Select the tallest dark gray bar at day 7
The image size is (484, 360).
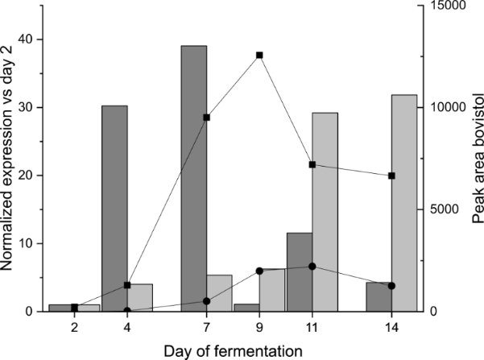(193, 178)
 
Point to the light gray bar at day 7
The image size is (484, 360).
(219, 293)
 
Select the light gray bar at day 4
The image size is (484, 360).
(140, 297)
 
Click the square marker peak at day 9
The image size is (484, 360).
(259, 55)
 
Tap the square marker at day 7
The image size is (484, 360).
(206, 118)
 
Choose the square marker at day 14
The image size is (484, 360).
(391, 176)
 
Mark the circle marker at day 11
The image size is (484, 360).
(312, 267)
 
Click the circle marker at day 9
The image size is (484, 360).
(259, 271)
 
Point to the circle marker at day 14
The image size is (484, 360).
(391, 286)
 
